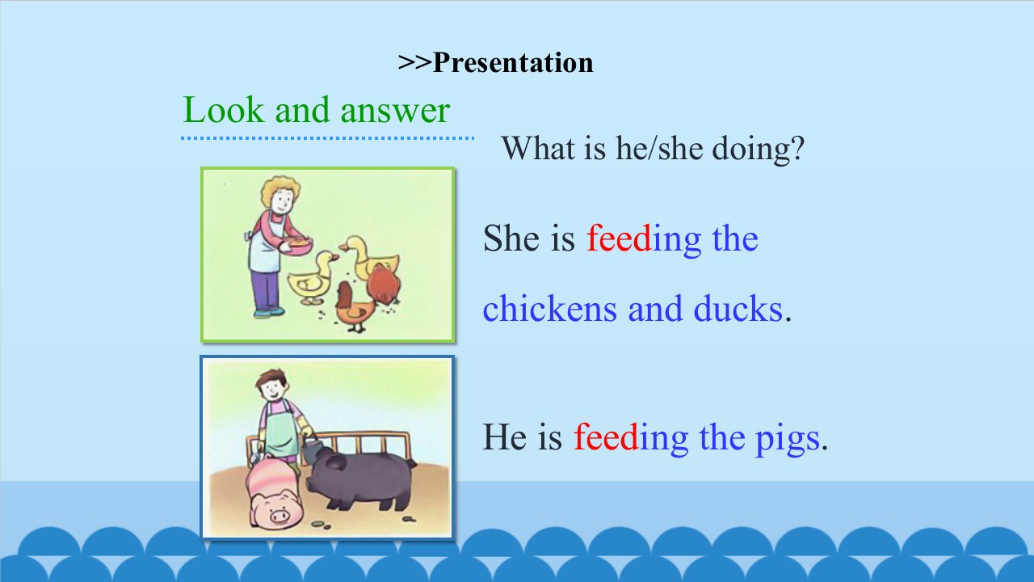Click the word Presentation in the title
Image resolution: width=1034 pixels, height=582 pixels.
[513, 63]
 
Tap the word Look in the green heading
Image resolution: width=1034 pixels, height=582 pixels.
[224, 110]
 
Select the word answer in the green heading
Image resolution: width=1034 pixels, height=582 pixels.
[395, 112]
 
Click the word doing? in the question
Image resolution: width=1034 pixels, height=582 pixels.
[758, 149]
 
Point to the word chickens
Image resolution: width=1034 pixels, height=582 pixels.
[550, 309]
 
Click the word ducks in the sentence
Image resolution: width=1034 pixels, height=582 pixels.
[738, 309]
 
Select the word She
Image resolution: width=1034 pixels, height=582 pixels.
[511, 238]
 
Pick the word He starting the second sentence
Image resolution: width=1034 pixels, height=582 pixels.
[505, 436]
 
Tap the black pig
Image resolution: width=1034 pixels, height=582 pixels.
[359, 478]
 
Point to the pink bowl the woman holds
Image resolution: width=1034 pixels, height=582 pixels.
[297, 247]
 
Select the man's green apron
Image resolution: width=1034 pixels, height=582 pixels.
[280, 432]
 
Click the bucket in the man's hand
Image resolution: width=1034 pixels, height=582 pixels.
[313, 450]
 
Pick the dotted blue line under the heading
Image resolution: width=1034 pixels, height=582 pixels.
[328, 137]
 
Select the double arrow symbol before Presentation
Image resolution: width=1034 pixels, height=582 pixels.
[414, 63]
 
